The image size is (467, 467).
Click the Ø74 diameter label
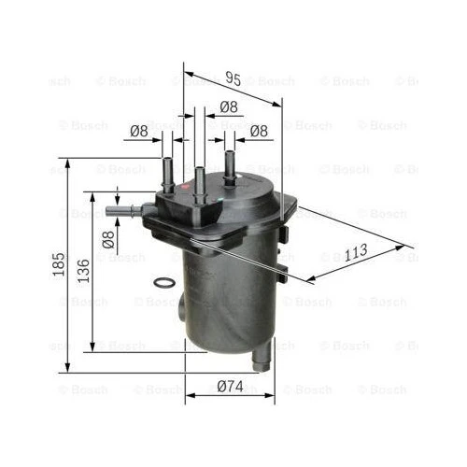230,387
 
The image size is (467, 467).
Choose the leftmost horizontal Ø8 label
138,132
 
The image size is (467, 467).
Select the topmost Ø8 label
227,107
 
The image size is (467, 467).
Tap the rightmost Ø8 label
259,132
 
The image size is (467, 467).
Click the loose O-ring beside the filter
162,283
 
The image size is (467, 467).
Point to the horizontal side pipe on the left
123,211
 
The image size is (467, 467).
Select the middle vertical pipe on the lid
199,181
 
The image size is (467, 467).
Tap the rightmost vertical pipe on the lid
228,164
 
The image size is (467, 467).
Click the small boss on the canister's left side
180,308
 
